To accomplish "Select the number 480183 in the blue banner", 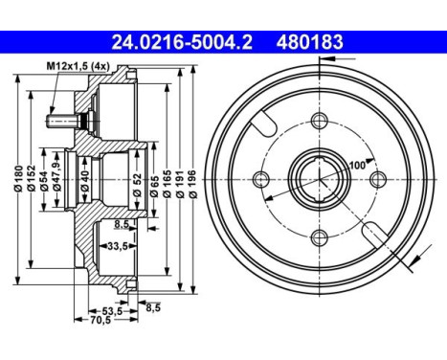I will [311, 42].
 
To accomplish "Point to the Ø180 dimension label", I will [18, 181].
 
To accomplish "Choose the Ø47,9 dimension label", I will [58, 181].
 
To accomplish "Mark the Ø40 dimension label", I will [84, 181].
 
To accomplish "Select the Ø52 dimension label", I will [140, 181].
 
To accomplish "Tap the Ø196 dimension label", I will [194, 181].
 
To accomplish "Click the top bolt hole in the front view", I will [318, 120].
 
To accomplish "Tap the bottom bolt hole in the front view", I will [318, 239].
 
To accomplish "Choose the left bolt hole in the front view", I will [258, 179].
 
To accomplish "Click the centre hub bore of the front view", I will [318, 179].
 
